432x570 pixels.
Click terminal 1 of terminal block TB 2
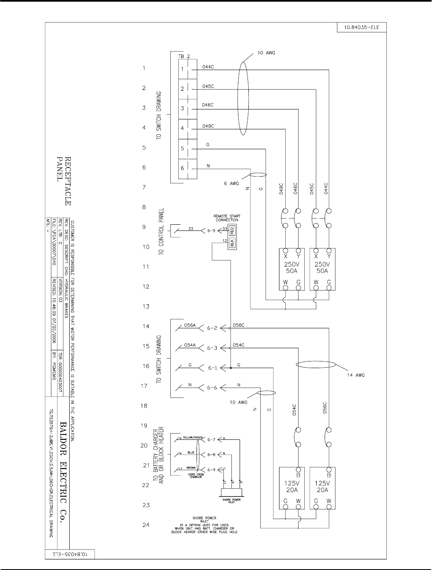182,69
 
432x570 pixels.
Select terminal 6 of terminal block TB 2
182,168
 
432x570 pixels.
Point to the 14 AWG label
355,375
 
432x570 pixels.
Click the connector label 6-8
211,454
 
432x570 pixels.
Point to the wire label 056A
190,325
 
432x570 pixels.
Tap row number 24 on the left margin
146,525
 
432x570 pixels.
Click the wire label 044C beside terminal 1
208,67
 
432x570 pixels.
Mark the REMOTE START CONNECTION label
227,218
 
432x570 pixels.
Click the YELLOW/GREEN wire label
193,437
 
